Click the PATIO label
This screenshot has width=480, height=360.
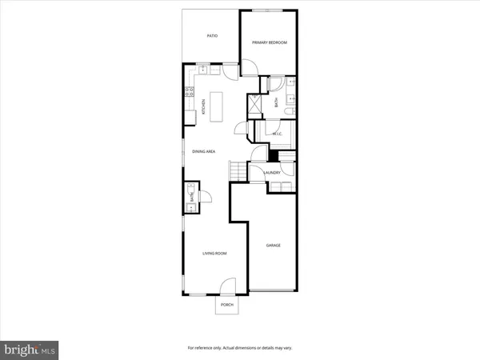(212, 36)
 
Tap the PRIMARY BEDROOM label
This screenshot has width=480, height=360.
(270, 42)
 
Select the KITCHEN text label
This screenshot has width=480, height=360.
(204, 106)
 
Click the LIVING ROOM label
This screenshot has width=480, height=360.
(214, 253)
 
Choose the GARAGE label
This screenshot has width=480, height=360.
(274, 246)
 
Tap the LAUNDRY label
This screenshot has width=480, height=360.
(272, 173)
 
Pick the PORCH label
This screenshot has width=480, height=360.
(227, 306)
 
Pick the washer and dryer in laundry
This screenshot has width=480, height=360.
(280, 186)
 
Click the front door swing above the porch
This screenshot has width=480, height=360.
(228, 284)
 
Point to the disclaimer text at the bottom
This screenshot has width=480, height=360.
(239, 347)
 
